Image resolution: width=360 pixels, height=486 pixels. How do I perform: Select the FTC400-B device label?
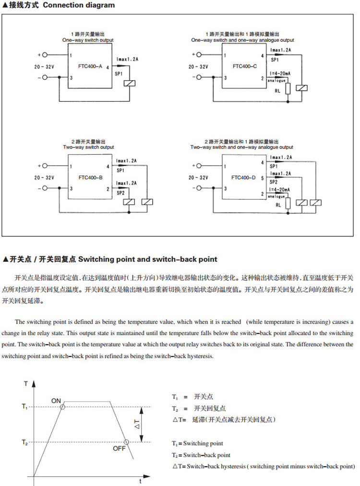[91, 177]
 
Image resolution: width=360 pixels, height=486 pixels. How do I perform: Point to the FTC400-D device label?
[243, 177]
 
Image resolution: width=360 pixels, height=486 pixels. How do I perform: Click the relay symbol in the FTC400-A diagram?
[129, 84]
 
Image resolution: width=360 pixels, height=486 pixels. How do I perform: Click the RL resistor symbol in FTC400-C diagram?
[288, 89]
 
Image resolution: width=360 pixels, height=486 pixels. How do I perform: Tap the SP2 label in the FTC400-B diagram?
[120, 192]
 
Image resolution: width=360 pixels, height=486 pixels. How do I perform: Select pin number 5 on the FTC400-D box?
[262, 178]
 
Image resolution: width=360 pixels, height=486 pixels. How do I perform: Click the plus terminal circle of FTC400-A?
[46, 55]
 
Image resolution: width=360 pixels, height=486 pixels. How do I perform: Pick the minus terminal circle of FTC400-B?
[46, 189]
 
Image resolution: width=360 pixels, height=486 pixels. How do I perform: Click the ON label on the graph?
[56, 401]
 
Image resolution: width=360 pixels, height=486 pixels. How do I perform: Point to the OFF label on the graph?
[119, 448]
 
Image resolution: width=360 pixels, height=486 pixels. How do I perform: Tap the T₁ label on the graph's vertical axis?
[25, 407]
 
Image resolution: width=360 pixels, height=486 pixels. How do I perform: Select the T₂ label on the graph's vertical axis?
[25, 442]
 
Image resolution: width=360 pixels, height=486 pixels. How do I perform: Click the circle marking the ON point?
[62, 407]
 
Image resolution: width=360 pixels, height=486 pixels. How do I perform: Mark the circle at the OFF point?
[126, 442]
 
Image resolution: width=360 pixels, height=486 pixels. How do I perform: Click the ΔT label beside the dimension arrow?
[136, 424]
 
